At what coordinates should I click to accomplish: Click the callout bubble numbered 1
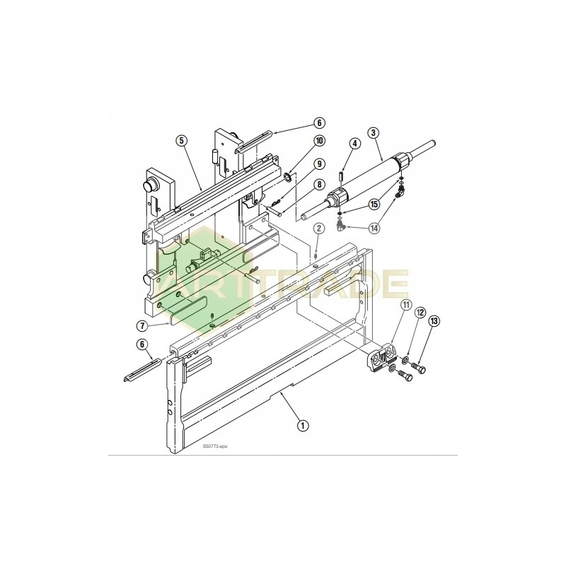(303, 425)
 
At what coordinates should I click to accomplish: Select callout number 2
(319, 228)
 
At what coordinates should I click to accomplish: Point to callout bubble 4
(355, 144)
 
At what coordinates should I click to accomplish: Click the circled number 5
(181, 140)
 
